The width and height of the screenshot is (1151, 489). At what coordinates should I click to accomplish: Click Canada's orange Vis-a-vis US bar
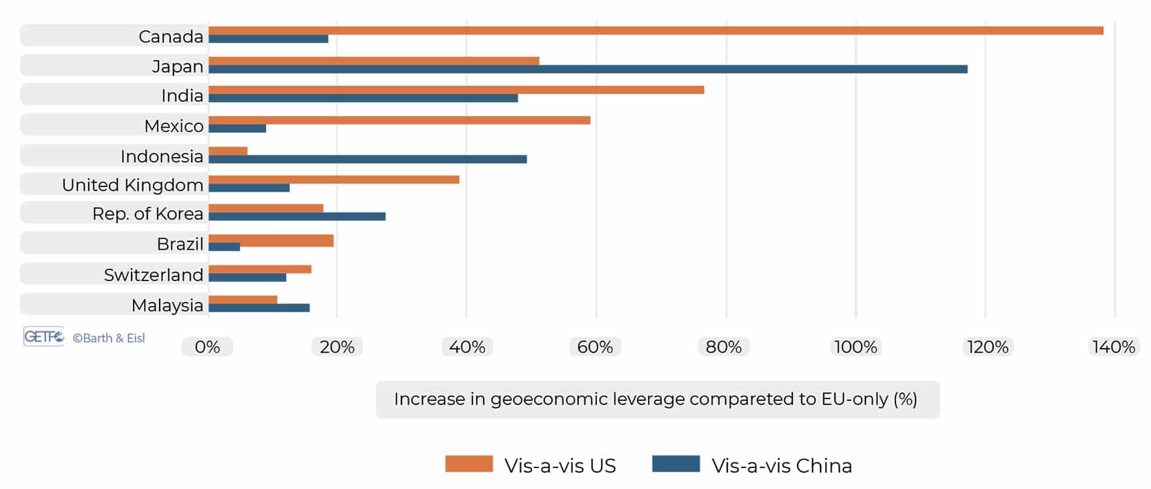coord(655,31)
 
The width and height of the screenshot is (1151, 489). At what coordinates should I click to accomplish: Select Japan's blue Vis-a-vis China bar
coord(587,69)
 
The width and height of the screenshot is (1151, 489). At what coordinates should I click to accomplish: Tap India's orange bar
coord(456,90)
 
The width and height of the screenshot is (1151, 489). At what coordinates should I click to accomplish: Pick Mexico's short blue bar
coord(237,128)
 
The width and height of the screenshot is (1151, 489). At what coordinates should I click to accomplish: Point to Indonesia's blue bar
coord(367,159)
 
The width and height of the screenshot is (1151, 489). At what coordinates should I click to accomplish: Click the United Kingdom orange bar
coord(334,179)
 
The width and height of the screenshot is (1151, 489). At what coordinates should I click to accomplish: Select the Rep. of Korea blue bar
coord(297,216)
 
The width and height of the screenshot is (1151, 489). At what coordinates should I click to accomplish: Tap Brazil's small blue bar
coord(224,247)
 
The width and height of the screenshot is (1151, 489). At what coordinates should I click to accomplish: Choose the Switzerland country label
coord(153,274)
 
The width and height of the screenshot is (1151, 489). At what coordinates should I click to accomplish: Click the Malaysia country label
coord(167,305)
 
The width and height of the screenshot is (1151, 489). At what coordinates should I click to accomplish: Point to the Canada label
coord(171,37)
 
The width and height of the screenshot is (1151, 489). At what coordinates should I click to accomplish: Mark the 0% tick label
coord(207,347)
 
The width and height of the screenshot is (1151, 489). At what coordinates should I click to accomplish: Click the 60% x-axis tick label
coord(595,347)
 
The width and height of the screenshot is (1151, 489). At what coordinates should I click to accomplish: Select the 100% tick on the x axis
coord(856,347)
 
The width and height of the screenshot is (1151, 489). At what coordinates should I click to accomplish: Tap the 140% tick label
coord(1113,347)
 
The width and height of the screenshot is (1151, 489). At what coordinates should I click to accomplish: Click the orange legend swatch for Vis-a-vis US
coord(469,464)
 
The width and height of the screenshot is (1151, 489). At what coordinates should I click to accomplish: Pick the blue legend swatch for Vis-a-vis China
coord(675,464)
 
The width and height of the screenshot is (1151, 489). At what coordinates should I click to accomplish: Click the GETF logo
coord(44,336)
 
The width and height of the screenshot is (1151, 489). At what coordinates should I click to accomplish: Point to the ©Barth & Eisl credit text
coord(108,338)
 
